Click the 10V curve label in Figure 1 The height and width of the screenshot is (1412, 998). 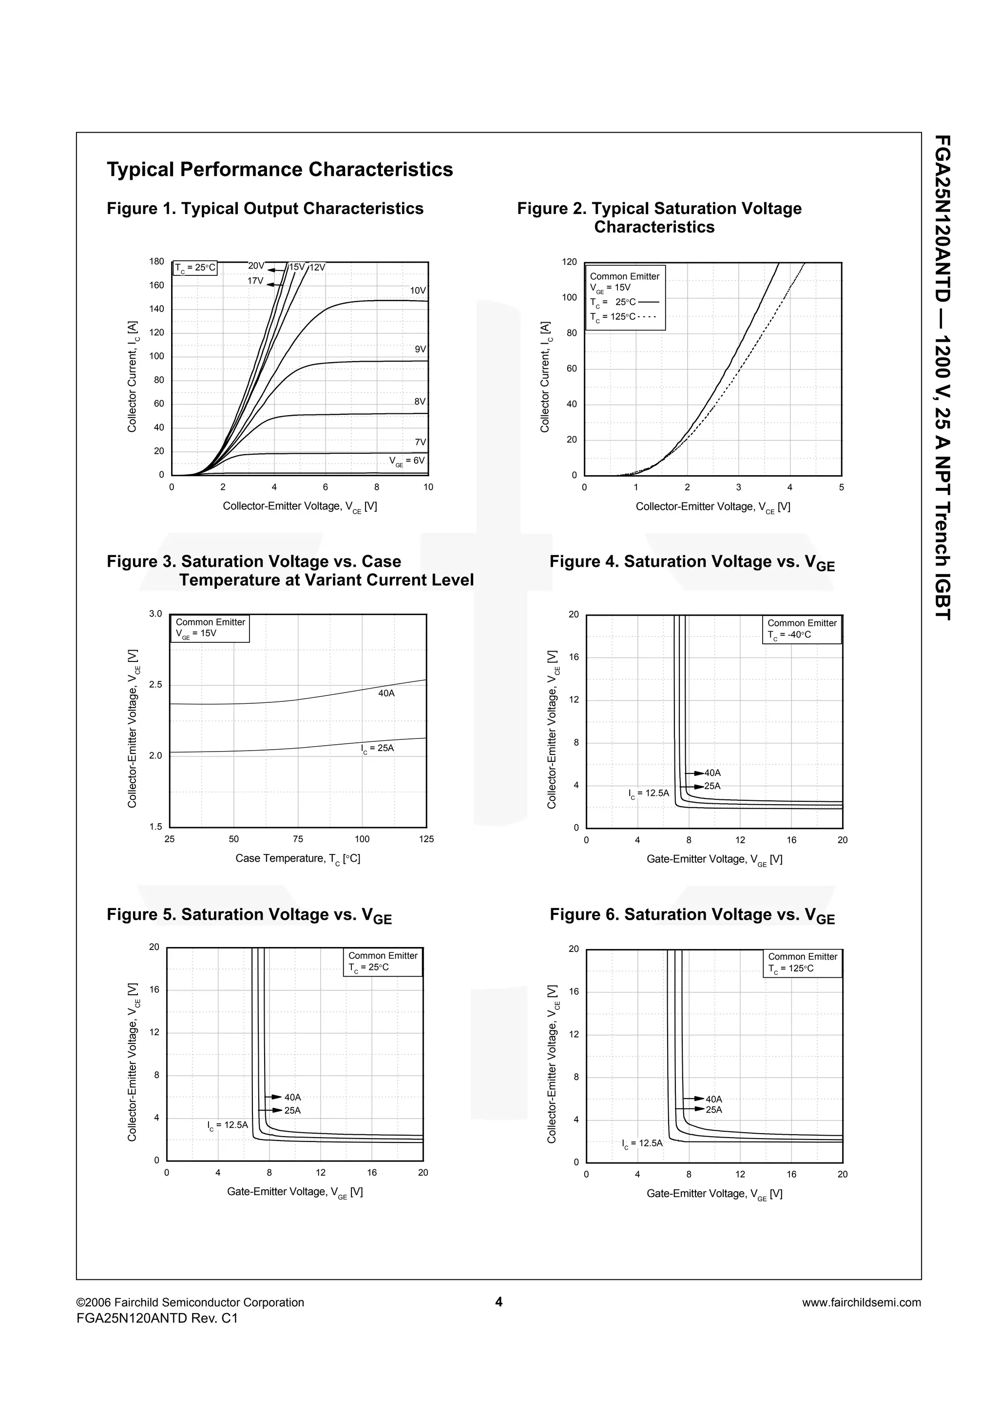(418, 290)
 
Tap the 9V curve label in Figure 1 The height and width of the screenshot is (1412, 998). (420, 348)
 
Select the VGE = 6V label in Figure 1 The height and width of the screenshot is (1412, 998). (406, 461)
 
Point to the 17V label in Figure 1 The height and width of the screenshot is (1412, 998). (255, 281)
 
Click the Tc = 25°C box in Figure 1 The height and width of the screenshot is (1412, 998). (195, 268)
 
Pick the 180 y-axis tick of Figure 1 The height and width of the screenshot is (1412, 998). (157, 261)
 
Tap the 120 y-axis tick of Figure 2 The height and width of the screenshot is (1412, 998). (569, 262)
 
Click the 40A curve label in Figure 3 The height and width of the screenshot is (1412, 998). (386, 693)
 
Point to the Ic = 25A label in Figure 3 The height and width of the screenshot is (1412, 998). (377, 749)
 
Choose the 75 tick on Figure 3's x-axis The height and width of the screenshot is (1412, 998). (298, 839)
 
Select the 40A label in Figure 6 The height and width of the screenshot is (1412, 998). (714, 1099)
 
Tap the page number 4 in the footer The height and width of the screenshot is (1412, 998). (499, 1302)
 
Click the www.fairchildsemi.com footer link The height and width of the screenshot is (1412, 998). (861, 1302)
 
